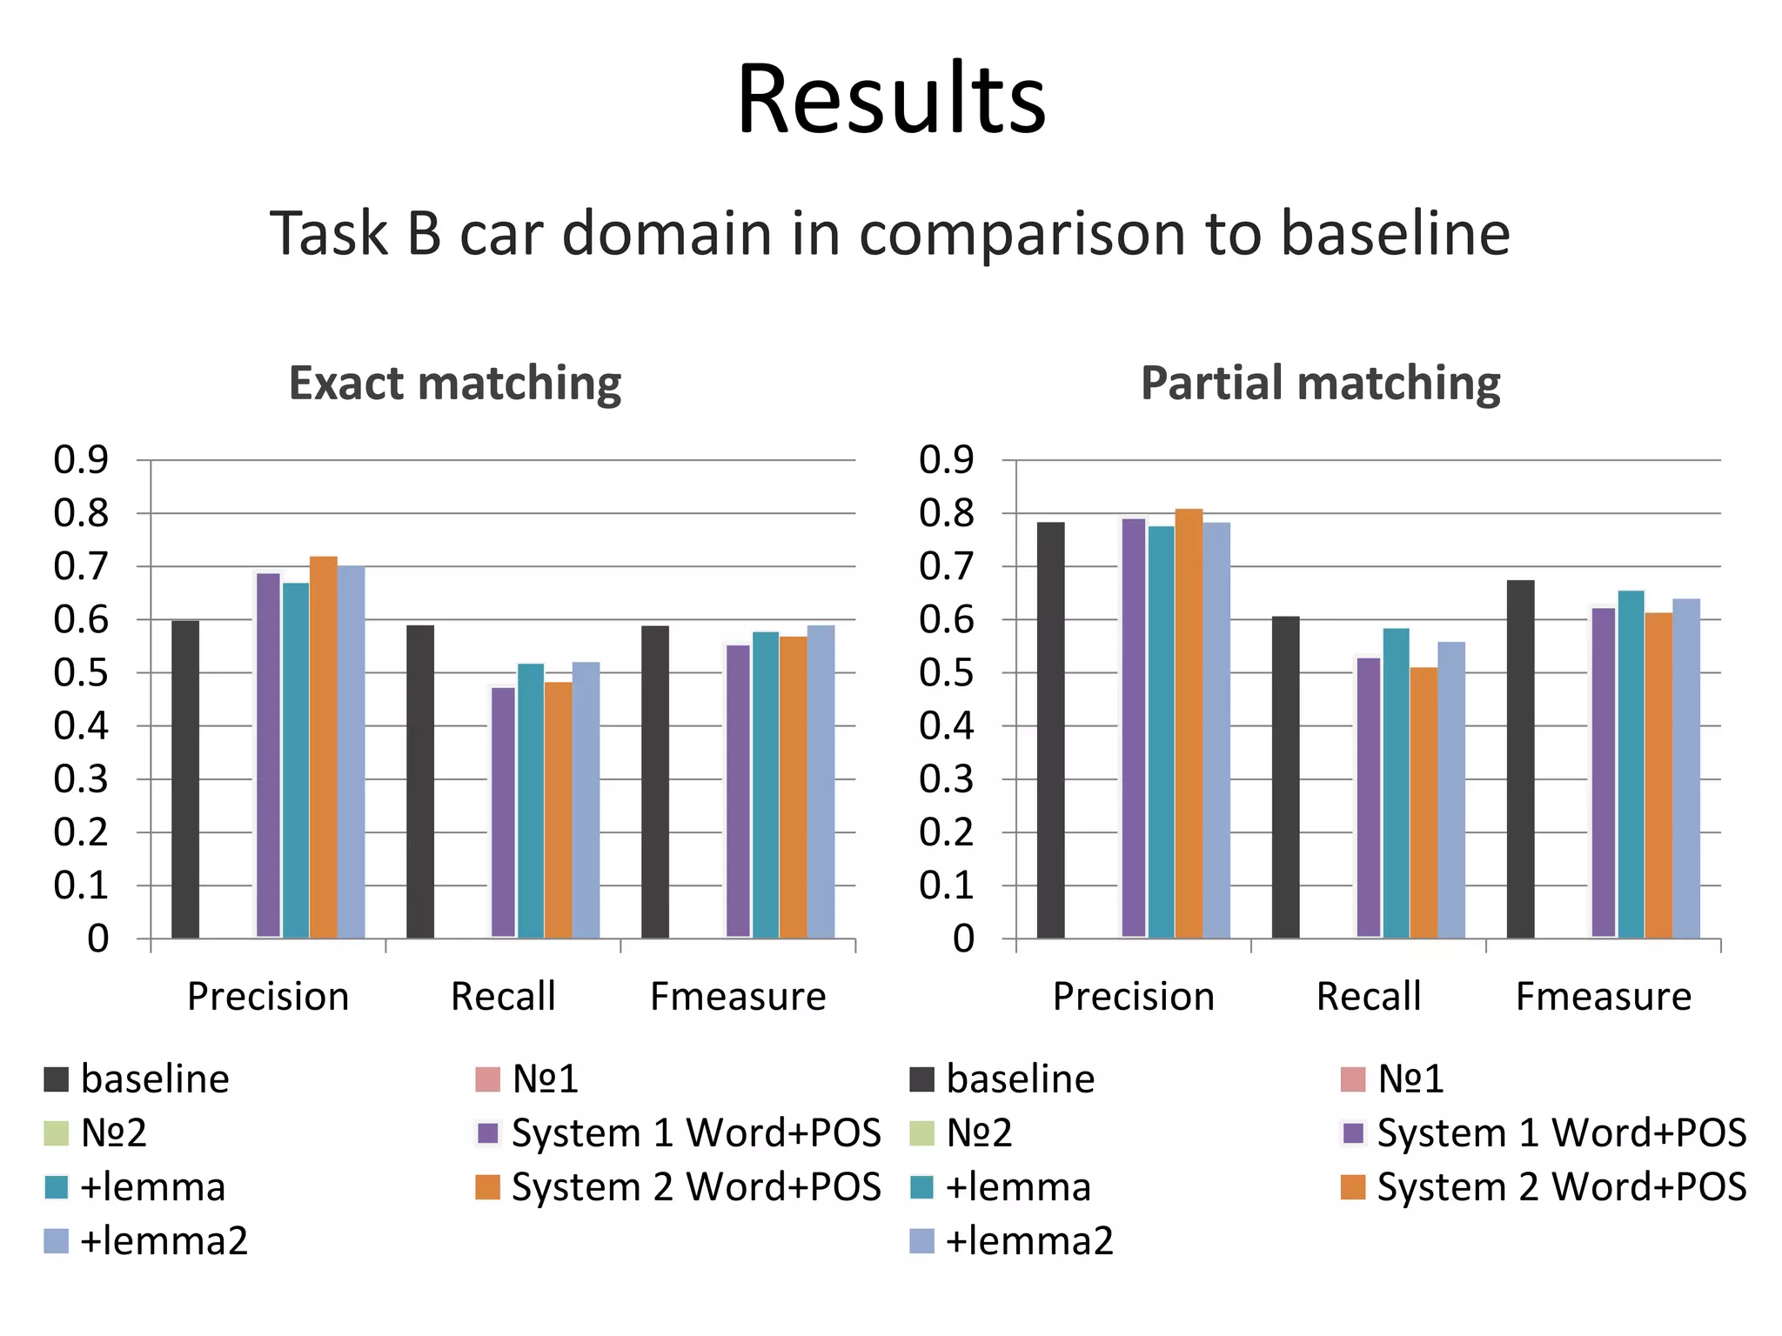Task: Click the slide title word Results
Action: (891, 99)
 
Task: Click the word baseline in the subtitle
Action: (1395, 234)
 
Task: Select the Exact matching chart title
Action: (455, 384)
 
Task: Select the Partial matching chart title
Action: (1320, 384)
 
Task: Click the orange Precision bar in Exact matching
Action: (323, 748)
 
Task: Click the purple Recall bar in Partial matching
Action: (1369, 797)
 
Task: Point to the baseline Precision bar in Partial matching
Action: (1050, 731)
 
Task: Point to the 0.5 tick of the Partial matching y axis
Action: (947, 673)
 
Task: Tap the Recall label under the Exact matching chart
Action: (503, 997)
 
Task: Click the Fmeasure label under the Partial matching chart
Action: (1603, 997)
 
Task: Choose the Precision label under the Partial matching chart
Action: (1133, 997)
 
